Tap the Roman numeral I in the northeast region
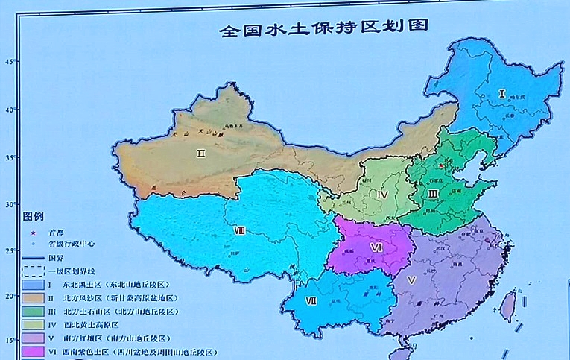[x=502, y=94]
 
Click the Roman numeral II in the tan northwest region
[x=200, y=154]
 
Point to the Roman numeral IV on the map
[x=382, y=195]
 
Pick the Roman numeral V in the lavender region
[x=411, y=280]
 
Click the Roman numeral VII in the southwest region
[x=311, y=302]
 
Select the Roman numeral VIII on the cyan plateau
[x=239, y=231]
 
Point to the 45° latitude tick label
[x=10, y=62]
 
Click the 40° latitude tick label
[x=10, y=110]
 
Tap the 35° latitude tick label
[x=10, y=157]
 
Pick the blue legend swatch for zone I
[x=34, y=285]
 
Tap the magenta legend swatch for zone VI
[x=34, y=352]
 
